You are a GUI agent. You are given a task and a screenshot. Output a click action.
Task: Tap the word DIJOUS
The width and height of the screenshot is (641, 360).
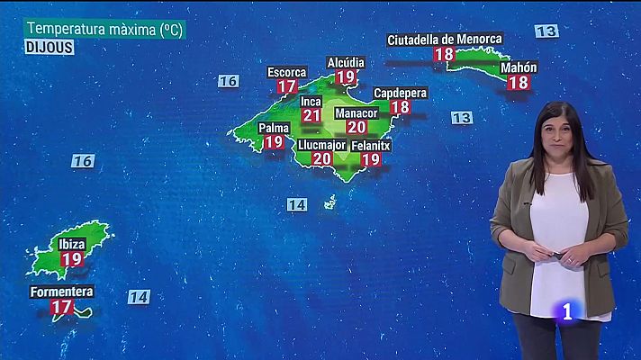pos(49,47)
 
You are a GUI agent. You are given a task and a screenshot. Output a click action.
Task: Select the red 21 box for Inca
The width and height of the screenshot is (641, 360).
pos(311,115)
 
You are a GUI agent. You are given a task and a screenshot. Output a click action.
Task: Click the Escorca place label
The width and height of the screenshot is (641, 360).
pos(287,72)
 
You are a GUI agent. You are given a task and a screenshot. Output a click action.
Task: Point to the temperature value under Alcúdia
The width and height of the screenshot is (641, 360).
pos(346,77)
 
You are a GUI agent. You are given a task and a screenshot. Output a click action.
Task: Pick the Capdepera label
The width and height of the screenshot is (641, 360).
pos(401,92)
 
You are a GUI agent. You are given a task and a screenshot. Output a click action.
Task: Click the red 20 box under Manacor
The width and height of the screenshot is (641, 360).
pos(357,127)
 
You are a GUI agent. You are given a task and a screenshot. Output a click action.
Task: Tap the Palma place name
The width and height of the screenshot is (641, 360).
pos(274,128)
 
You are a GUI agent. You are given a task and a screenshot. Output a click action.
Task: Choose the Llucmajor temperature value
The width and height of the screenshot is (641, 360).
pos(322,158)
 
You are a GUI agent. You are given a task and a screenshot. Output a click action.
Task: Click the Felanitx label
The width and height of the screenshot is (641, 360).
pos(371,145)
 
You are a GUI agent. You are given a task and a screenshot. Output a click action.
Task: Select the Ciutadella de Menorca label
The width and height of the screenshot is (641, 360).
pos(445,40)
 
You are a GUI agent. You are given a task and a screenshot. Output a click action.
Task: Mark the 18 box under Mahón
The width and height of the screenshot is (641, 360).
pos(519,82)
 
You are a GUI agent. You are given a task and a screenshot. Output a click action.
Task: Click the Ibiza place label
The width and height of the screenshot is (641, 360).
pos(72,244)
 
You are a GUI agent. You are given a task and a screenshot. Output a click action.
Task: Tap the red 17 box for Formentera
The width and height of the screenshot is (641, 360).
pos(62,307)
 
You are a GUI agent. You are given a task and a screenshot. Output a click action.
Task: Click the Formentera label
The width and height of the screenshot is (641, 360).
pos(62,292)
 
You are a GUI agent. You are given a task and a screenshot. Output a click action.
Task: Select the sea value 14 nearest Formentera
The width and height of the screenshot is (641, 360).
pos(138,297)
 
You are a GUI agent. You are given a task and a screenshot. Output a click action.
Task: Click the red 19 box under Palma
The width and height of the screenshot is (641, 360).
pos(274,141)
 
